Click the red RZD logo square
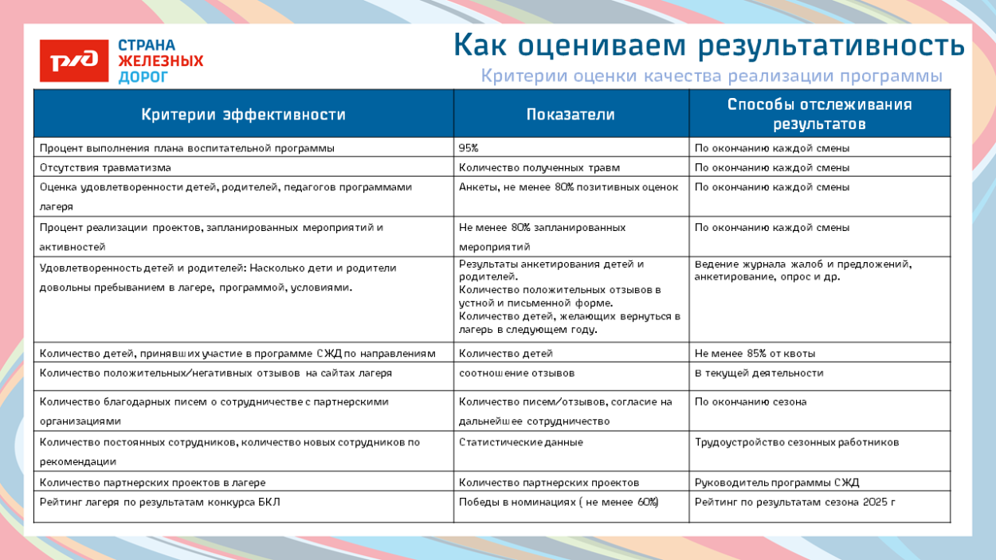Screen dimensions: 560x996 [74, 61]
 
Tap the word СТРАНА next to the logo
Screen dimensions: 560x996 [147, 45]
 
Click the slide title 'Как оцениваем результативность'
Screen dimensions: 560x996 [708, 45]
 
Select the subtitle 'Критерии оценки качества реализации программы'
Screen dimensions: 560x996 [712, 76]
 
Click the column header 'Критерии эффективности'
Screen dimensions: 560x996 [243, 114]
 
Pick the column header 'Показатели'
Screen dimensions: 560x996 [571, 114]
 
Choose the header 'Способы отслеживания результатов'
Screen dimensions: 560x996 [819, 114]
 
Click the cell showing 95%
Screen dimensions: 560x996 [469, 147]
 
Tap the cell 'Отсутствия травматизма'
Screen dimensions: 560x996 [105, 167]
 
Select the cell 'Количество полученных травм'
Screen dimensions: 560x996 [539, 167]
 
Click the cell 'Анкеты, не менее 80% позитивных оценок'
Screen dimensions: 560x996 [568, 187]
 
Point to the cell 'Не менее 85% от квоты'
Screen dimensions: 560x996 [755, 353]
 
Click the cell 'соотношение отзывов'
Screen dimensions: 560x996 [516, 373]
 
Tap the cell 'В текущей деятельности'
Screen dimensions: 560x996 [759, 373]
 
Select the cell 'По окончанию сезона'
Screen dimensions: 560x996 [751, 401]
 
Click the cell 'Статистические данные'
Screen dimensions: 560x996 [520, 442]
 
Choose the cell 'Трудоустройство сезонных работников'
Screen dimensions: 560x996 [797, 442]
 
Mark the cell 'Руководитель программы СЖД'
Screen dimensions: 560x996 [777, 482]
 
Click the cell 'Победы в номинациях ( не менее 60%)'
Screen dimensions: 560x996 [559, 502]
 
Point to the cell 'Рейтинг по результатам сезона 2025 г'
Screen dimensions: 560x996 [795, 502]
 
